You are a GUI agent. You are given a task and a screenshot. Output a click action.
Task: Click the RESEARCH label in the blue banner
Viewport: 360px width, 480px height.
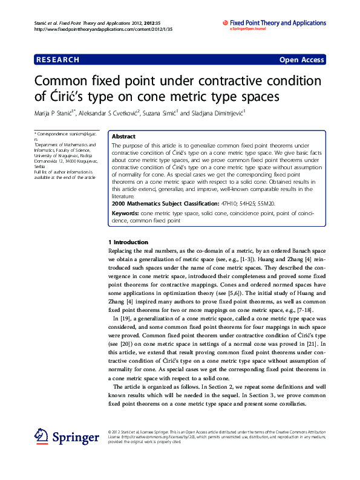57,60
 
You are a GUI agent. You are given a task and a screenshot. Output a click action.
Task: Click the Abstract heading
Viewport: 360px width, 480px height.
123,137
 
